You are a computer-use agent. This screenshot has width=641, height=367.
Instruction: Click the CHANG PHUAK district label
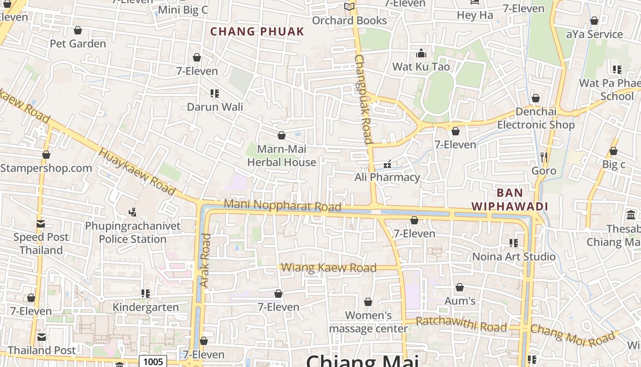click(x=257, y=32)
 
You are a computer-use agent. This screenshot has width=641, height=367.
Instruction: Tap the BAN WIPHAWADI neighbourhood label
click(x=510, y=200)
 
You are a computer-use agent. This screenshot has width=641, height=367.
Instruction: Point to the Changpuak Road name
click(x=364, y=99)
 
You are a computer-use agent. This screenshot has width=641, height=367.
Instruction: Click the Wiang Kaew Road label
click(x=329, y=267)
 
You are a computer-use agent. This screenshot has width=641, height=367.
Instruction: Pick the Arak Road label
click(x=206, y=261)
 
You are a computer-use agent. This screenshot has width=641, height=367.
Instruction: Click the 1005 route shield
click(x=153, y=361)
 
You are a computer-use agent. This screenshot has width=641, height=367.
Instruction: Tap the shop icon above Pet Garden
click(x=78, y=30)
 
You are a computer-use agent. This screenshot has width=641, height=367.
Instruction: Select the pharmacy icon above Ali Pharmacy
click(x=387, y=164)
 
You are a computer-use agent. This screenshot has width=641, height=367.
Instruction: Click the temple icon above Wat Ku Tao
click(x=421, y=53)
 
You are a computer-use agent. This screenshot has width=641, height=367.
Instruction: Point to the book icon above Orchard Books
click(x=349, y=7)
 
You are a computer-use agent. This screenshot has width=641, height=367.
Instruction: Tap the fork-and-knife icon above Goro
click(x=543, y=157)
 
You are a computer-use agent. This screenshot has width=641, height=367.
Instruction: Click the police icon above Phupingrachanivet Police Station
click(x=133, y=212)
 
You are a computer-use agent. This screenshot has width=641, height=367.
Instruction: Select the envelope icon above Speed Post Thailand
click(x=41, y=224)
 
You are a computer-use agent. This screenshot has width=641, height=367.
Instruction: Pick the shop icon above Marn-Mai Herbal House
click(x=282, y=135)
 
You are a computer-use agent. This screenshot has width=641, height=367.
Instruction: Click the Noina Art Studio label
click(x=514, y=256)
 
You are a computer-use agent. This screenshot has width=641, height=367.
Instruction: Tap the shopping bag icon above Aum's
click(x=460, y=287)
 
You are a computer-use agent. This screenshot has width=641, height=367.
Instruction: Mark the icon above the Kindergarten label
click(x=146, y=293)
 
